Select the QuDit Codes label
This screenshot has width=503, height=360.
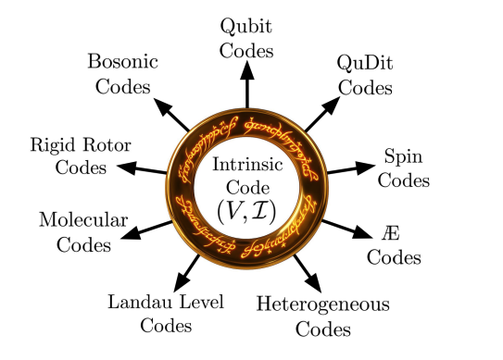click(364, 77)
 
